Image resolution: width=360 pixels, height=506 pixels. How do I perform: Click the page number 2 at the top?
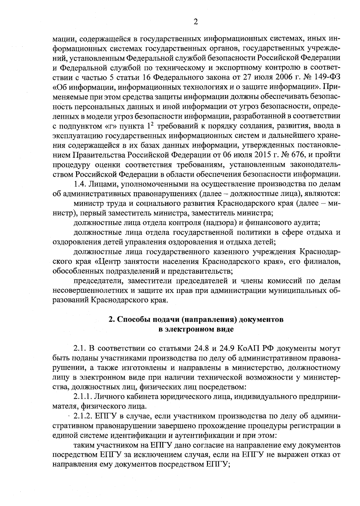[x=195, y=22]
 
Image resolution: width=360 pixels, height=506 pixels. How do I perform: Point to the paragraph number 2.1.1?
[x=83, y=397]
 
